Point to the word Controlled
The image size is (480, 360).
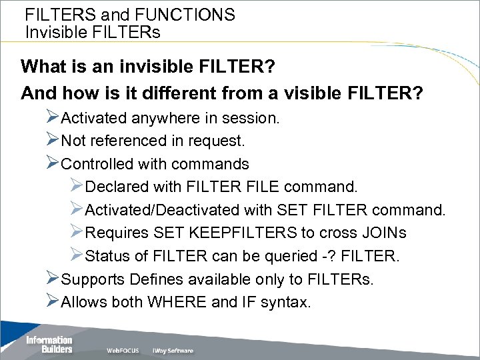99,163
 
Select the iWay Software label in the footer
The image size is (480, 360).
172,350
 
